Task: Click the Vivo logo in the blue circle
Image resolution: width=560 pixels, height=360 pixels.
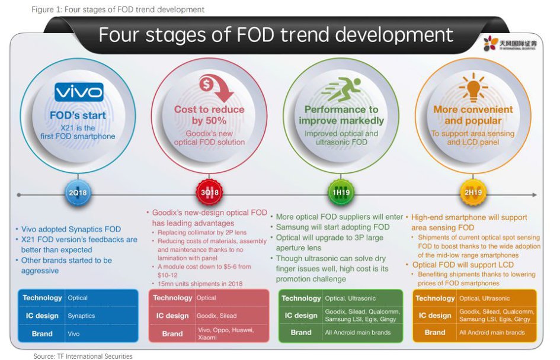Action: pos(79,92)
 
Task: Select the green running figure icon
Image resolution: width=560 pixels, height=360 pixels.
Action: pos(341,88)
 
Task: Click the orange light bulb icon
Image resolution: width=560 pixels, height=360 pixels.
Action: pos(473,87)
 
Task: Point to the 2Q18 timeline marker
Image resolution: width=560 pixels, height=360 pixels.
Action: pos(78,192)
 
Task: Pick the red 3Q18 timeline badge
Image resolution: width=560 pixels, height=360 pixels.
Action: pos(209,192)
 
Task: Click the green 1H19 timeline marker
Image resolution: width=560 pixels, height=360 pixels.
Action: pos(341,192)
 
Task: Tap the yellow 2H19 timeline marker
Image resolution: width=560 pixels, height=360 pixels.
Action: pos(473,192)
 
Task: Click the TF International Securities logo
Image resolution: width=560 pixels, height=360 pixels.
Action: pos(510,44)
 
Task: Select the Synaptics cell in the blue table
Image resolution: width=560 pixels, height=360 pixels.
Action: pos(81,316)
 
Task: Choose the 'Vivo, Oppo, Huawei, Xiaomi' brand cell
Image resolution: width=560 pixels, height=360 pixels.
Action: pos(226,333)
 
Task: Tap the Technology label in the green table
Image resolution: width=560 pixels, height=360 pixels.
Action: pos(301,298)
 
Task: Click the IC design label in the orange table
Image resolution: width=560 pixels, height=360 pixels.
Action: pos(434,316)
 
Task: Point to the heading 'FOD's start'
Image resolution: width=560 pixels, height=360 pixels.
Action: pos(78,115)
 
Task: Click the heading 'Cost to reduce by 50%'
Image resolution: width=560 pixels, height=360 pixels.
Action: pos(209,115)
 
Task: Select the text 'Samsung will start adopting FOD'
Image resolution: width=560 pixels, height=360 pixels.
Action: pos(332,227)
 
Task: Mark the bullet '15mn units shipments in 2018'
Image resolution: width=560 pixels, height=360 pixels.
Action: pos(200,284)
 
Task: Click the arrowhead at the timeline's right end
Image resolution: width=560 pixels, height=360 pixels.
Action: pos(535,195)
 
